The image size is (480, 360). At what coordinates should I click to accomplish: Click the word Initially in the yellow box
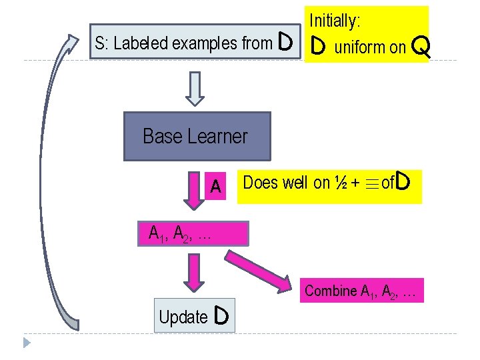334,21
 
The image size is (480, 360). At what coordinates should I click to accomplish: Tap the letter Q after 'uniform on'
421,47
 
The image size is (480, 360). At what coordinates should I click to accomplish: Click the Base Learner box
197,137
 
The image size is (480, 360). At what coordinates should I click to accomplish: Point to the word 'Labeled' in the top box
141,44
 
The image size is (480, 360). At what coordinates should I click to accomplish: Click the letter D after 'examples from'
285,43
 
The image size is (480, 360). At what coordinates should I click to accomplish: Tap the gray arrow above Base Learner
194,89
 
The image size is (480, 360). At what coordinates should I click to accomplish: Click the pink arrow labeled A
194,190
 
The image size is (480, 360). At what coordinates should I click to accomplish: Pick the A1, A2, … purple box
192,234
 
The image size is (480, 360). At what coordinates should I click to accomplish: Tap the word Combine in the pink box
331,291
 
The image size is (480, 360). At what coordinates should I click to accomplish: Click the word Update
183,318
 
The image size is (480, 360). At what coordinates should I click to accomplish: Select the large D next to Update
223,317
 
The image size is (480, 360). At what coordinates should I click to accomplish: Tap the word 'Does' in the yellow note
259,183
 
